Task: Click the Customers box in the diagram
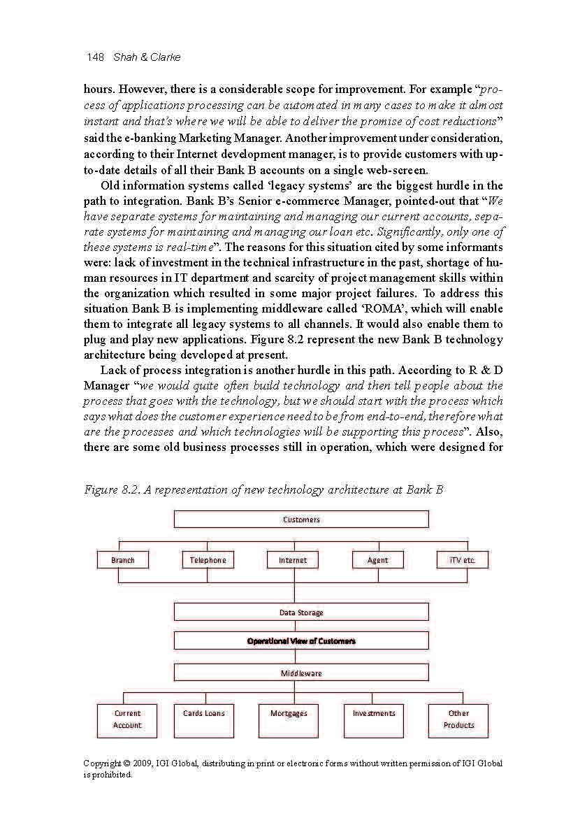301,519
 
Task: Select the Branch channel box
123,560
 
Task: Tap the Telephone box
208,560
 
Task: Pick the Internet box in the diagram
293,560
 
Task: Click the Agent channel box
378,560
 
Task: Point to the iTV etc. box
463,560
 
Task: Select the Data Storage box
301,612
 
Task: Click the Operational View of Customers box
301,641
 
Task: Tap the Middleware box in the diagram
301,673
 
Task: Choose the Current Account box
127,720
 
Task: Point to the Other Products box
458,720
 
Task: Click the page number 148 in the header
96,57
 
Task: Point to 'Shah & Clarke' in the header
146,57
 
